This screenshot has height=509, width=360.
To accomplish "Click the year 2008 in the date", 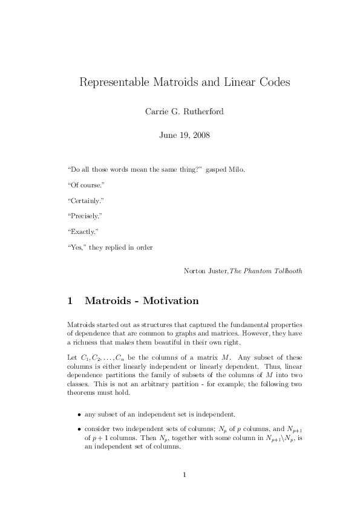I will (x=200, y=135).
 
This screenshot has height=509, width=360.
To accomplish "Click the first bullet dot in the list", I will (x=79, y=415).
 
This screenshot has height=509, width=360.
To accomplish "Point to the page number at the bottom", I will (x=184, y=475).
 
